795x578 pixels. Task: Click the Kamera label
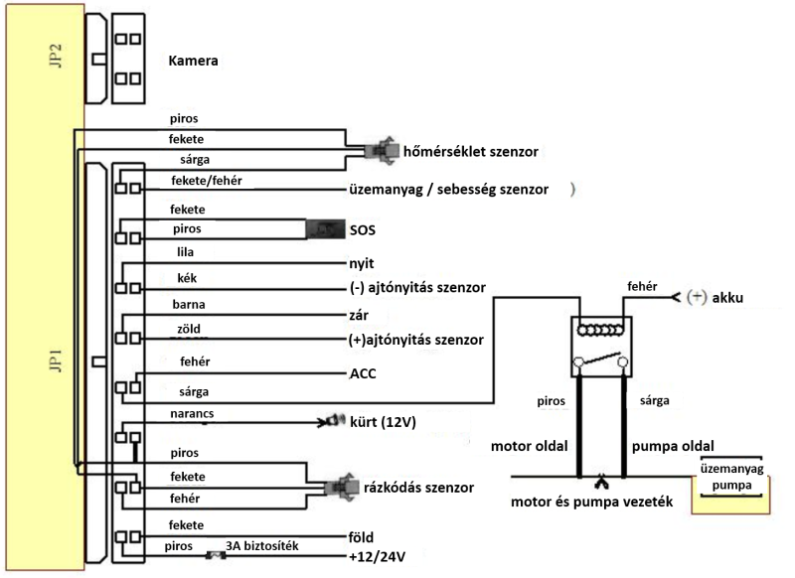(193, 61)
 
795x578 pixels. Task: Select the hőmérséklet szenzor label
(470, 152)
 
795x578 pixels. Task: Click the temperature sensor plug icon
(380, 150)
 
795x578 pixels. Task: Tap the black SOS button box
(325, 229)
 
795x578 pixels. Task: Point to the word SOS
(363, 230)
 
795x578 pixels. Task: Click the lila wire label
(185, 252)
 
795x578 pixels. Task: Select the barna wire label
(189, 305)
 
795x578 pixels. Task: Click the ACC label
(363, 373)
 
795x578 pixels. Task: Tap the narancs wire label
(192, 414)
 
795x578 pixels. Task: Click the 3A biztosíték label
(262, 546)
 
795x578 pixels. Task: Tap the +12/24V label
(378, 557)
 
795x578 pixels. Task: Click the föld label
(361, 537)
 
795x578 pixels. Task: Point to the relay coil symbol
(601, 331)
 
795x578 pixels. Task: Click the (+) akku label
(715, 297)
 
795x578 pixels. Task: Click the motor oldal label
(530, 446)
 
